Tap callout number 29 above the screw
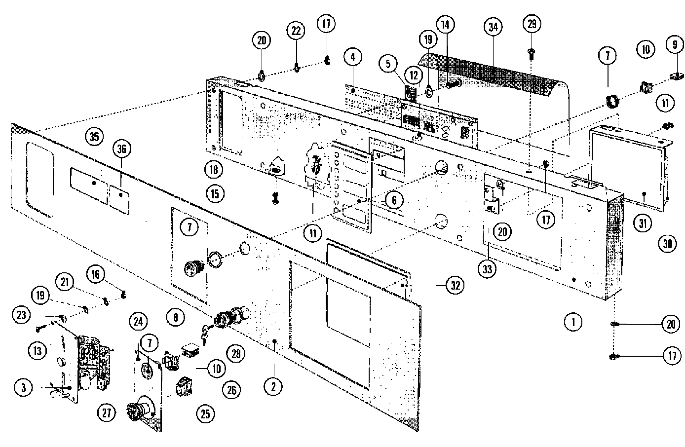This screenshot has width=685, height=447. [x=532, y=24]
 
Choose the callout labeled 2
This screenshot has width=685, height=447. [x=272, y=387]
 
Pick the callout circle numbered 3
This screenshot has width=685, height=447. [x=23, y=387]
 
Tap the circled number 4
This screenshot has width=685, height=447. [x=352, y=57]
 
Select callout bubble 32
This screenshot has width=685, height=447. [x=455, y=285]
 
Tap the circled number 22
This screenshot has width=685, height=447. [x=296, y=31]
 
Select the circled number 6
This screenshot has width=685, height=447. [x=394, y=200]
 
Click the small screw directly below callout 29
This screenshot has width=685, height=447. [x=531, y=53]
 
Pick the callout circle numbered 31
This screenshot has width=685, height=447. [x=642, y=223]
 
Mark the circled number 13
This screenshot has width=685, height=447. [x=38, y=351]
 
